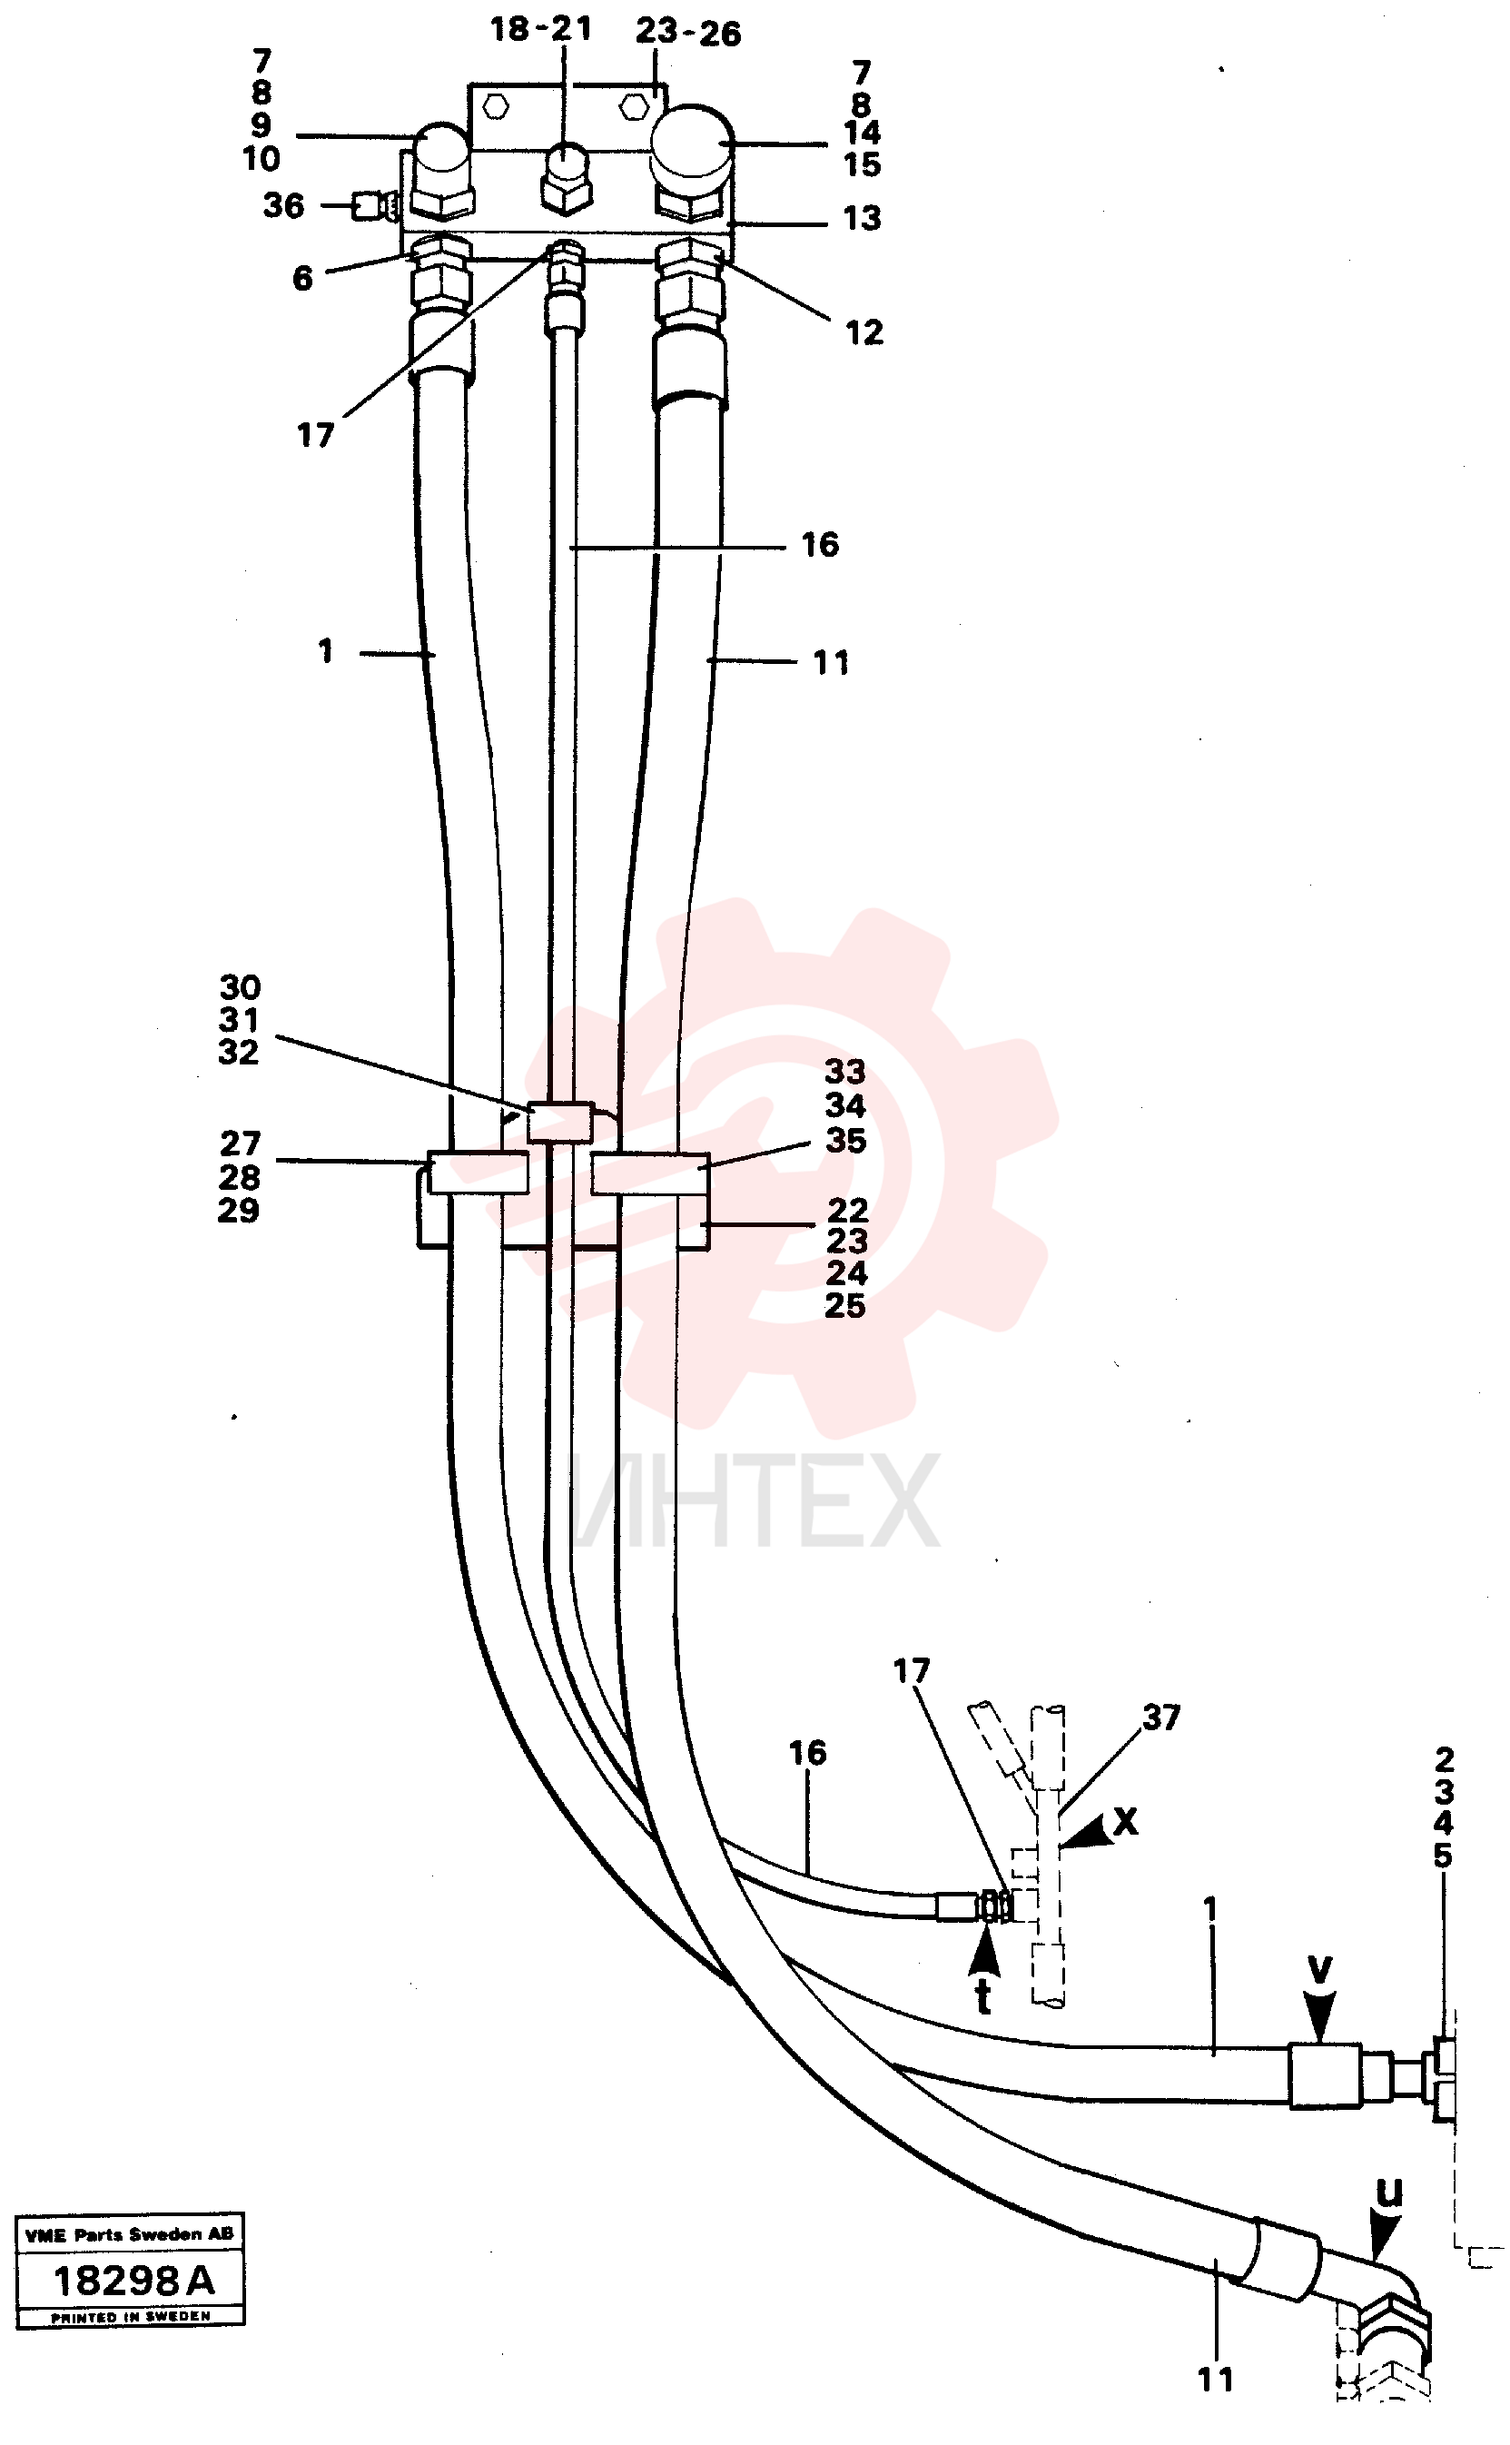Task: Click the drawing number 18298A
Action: tap(133, 2282)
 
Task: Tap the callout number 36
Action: tap(283, 206)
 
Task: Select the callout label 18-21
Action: tap(541, 29)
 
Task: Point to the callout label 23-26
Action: tap(688, 33)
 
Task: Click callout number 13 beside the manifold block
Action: tap(862, 218)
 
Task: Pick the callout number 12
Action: tap(864, 332)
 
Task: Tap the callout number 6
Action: tap(302, 278)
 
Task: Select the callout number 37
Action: tap(1161, 1717)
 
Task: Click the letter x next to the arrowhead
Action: tap(1126, 1821)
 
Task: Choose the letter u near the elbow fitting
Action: tap(1390, 2191)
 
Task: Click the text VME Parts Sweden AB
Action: tap(130, 2234)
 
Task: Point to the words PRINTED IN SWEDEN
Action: tap(131, 2316)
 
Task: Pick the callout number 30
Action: tap(240, 988)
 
